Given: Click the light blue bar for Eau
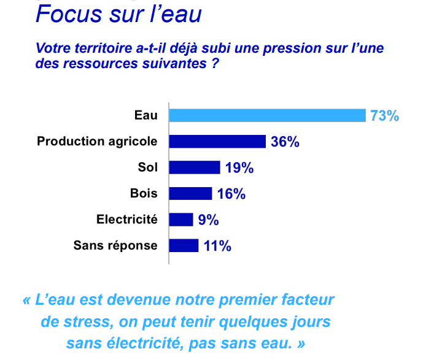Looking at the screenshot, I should [x=268, y=115].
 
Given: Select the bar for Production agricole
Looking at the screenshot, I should [x=217, y=142].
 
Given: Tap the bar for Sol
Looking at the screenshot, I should [x=195, y=167].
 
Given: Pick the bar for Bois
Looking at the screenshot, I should [x=190, y=194].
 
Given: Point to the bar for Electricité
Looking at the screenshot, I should [x=181, y=220].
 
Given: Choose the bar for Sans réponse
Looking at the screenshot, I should [x=184, y=246].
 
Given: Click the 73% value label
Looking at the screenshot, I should [x=385, y=116].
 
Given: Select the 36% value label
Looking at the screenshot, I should [x=285, y=142].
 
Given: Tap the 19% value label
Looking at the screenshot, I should [x=239, y=168].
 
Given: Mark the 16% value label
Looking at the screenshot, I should [x=231, y=194].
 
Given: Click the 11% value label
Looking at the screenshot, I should [x=217, y=247].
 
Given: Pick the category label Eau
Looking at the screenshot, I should [x=146, y=115].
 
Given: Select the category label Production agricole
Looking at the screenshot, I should [x=97, y=142].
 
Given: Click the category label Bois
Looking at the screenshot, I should [x=144, y=194].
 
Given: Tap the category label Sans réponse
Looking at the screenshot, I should [x=115, y=246].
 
